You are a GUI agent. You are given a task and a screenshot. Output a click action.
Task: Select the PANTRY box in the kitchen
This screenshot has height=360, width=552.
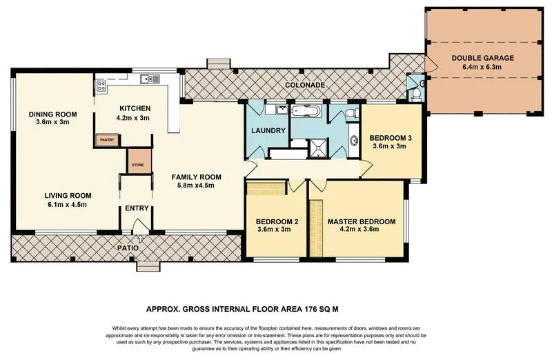click(x=106, y=140)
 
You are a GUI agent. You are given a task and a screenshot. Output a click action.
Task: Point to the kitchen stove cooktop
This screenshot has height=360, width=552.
click(x=101, y=86)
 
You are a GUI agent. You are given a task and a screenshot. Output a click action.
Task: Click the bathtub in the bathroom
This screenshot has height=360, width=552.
click(x=306, y=110)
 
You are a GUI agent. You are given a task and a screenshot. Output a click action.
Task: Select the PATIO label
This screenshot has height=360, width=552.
click(x=128, y=247)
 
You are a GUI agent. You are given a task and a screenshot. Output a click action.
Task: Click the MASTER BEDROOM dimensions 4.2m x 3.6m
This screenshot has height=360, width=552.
click(x=362, y=230)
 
